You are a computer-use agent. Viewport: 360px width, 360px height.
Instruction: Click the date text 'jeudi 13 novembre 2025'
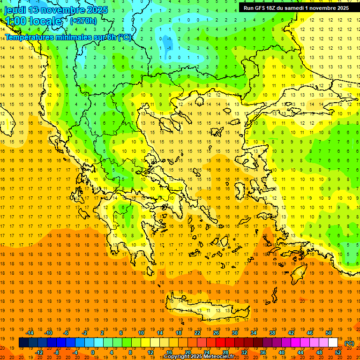(56, 10)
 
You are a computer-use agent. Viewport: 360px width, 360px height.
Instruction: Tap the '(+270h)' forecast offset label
(83, 21)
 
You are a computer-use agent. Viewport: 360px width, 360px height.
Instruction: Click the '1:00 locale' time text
(33, 21)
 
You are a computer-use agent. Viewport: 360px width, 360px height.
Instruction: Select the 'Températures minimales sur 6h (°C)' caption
(68, 37)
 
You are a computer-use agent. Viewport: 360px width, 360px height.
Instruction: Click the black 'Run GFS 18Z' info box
(296, 8)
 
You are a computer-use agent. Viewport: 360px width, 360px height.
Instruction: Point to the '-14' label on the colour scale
(30, 333)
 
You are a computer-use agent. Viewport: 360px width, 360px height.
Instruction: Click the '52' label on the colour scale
(338, 352)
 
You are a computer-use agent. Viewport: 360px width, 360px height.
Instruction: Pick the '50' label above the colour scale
(328, 333)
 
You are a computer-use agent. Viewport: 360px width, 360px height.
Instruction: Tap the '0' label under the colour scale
(93, 352)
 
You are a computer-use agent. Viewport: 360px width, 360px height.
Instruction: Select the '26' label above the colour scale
(216, 333)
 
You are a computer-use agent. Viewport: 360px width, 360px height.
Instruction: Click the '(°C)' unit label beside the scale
(349, 343)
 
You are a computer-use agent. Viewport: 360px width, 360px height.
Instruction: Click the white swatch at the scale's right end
(333, 343)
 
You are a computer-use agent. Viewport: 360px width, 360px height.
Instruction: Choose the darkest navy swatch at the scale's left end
(23, 343)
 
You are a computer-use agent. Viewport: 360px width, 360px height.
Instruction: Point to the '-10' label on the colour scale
(48, 333)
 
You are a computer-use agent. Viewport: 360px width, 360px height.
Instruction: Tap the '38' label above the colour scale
(272, 333)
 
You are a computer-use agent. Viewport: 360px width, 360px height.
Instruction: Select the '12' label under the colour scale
(150, 352)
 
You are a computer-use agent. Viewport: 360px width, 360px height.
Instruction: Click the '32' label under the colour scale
(244, 352)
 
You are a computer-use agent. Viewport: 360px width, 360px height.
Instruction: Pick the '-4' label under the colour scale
(75, 352)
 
